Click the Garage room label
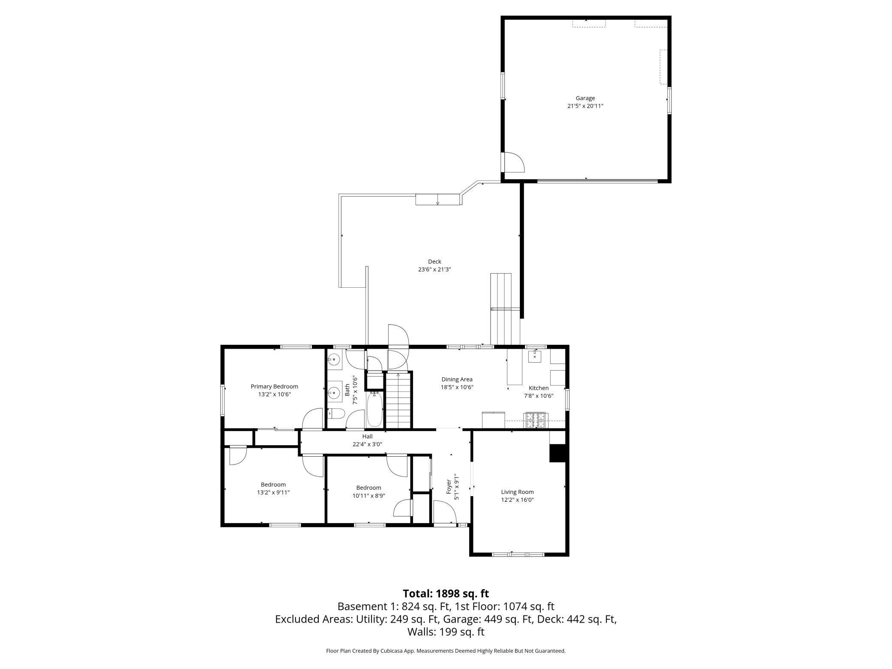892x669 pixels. coord(585,98)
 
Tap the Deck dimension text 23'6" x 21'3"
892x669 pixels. coord(434,269)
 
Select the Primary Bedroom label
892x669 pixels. coord(274,386)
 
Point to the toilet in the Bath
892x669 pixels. coord(336,414)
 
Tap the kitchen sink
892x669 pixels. coord(535,356)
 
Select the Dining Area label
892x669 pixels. coord(457,379)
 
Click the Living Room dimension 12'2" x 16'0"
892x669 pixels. coord(517,500)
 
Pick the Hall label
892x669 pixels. coord(367,437)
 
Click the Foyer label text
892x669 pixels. coord(449,487)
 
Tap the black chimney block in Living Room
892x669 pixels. coord(558,453)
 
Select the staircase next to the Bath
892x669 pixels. coord(398,401)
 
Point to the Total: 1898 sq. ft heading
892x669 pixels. coord(446,594)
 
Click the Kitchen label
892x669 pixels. coord(539,388)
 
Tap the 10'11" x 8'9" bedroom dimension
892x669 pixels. coord(369,495)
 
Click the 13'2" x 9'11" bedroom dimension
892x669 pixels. coord(273,492)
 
